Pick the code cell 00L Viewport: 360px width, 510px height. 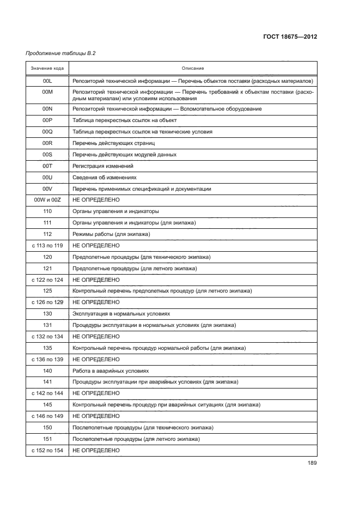47,81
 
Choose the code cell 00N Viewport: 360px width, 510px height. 47,109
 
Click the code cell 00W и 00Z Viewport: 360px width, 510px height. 47,200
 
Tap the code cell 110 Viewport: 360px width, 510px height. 47,211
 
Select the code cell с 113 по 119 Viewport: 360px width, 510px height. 47,246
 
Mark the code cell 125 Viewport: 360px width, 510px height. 47,291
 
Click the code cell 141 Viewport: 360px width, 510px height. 47,381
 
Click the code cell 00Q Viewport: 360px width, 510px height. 47,132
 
